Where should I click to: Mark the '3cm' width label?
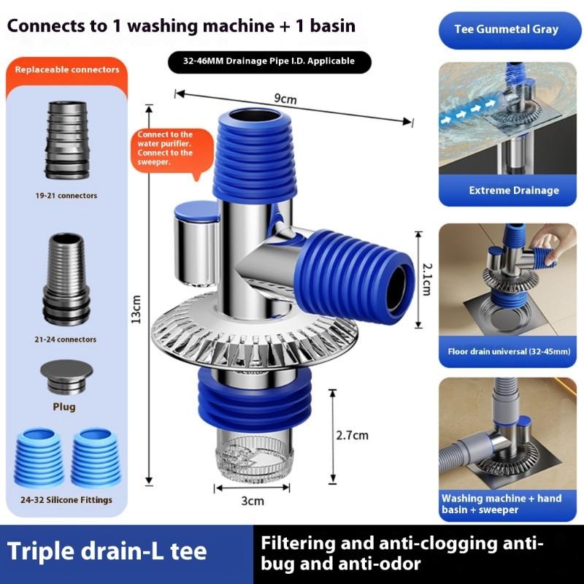click(252, 501)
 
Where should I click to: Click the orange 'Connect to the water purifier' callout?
click(166, 149)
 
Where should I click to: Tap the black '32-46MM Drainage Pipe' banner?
click(269, 61)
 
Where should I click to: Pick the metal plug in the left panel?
click(66, 375)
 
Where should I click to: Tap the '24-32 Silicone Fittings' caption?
click(67, 500)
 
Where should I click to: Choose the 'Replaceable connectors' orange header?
click(67, 70)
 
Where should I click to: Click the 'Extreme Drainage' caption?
click(514, 191)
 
